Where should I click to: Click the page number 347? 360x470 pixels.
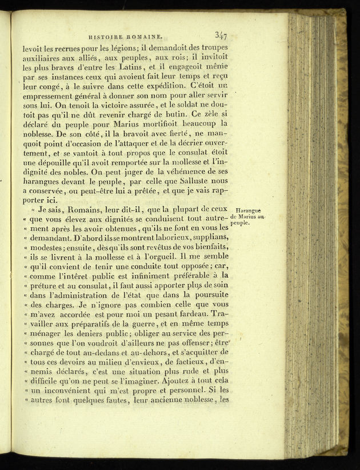221,35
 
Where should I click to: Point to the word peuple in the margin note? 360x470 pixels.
241,224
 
